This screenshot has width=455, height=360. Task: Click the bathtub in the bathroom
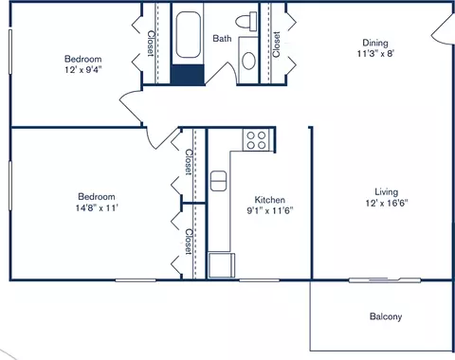tap(188, 35)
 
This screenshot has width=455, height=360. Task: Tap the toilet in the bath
tap(246, 22)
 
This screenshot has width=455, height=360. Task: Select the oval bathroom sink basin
tap(248, 61)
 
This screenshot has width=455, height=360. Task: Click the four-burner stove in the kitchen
tap(256, 140)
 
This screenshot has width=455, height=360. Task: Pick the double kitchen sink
tap(218, 181)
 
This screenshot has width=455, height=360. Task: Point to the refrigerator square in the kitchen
tap(222, 265)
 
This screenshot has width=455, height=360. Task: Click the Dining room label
tap(375, 43)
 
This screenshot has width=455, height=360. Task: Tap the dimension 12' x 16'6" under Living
tap(387, 203)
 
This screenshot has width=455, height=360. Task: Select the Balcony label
tap(386, 316)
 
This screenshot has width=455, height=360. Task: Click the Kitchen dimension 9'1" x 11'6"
tap(270, 210)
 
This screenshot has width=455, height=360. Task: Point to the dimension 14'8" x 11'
tap(97, 207)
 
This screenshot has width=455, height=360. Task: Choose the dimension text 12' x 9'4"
tap(83, 69)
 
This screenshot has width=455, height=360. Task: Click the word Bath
tap(222, 39)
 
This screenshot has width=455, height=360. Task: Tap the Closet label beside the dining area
tap(276, 45)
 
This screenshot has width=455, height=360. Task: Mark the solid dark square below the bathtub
tap(188, 75)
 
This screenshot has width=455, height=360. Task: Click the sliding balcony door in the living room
tap(385, 279)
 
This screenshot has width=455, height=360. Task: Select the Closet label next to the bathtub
tap(151, 44)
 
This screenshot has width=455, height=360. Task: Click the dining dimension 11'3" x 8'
tap(375, 53)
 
